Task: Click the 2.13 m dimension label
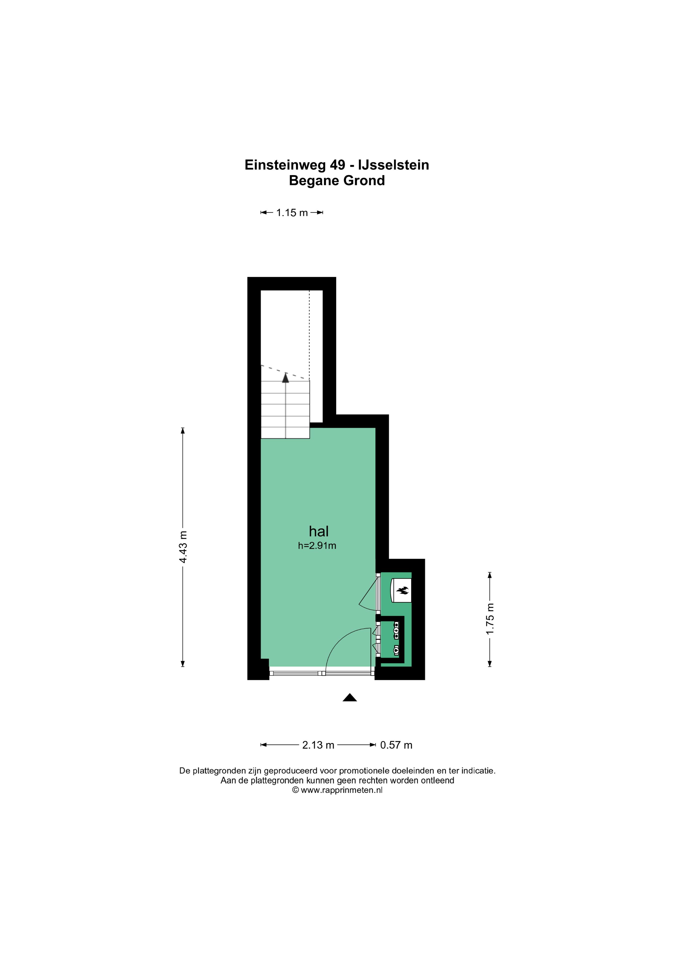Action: pos(318,745)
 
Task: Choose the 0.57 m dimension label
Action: pos(396,745)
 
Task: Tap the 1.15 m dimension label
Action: pos(292,213)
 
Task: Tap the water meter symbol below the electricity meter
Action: pos(396,649)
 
